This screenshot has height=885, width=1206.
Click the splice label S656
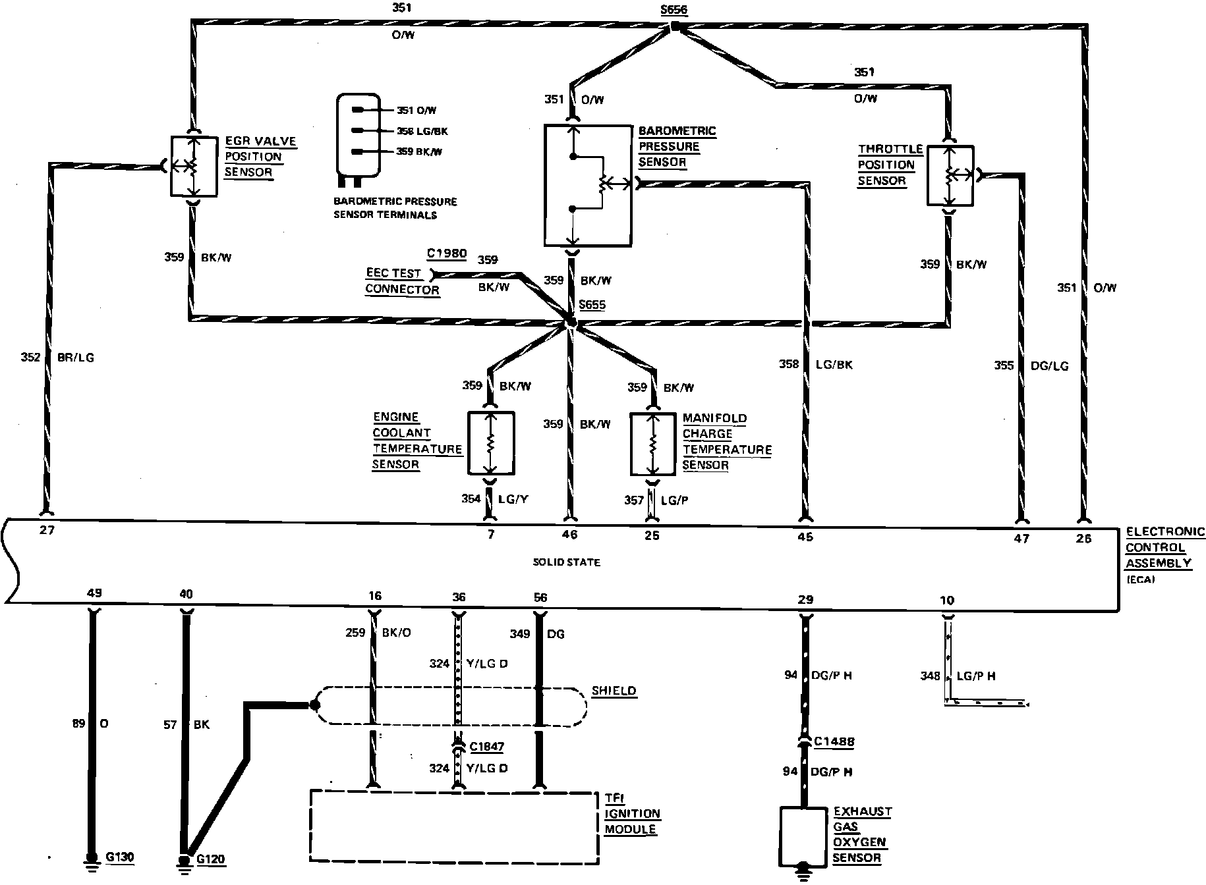[x=674, y=11]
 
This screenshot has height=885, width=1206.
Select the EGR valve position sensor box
[x=194, y=166]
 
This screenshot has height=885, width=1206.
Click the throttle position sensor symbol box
[x=950, y=175]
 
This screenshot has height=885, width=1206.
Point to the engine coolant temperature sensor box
[x=491, y=443]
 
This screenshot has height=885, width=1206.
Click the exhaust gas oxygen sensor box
[x=803, y=836]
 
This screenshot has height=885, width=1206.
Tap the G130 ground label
[x=119, y=857]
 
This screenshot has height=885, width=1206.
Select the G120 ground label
[x=211, y=859]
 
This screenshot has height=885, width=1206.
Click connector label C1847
[x=486, y=746]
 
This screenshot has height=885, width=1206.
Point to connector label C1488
[x=834, y=741]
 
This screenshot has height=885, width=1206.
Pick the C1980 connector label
[x=446, y=254]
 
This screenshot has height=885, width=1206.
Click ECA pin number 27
[x=46, y=530]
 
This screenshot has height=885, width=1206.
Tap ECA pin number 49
[x=94, y=593]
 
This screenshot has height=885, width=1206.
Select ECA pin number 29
[x=805, y=599]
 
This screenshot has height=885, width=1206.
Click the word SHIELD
[x=614, y=691]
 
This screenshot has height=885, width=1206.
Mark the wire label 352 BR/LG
[x=57, y=358]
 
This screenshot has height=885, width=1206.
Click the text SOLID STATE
[x=566, y=562]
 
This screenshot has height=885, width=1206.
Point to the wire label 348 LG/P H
[x=958, y=676]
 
